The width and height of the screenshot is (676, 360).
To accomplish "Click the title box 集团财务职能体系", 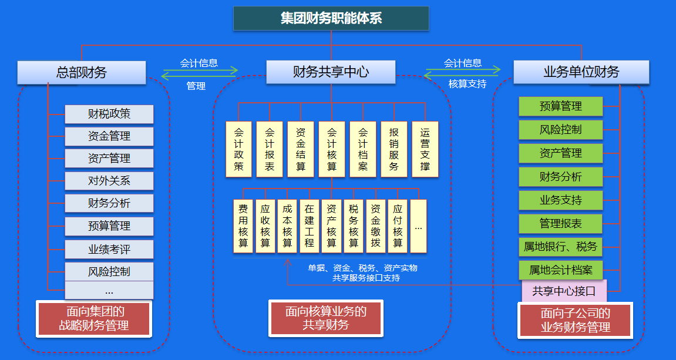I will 331,18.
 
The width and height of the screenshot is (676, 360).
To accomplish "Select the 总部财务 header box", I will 82,73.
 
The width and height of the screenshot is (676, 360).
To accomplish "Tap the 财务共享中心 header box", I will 331,72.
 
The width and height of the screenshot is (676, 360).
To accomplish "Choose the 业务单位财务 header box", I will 581,72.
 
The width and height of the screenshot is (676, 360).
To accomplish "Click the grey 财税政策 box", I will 109,114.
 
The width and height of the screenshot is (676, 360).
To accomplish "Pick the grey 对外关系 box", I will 109,181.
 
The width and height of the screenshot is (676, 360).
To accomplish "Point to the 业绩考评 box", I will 109,250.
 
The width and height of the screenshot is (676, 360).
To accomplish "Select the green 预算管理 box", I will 561,106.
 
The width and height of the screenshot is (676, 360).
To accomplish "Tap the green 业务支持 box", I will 561,200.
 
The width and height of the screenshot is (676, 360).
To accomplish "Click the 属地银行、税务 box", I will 561,247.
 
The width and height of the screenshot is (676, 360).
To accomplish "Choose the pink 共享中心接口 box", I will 564,291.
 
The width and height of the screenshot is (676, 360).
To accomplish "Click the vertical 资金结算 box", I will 301,149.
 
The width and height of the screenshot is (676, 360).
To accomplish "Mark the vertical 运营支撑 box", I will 425,149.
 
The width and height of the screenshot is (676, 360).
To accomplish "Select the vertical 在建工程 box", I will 310,226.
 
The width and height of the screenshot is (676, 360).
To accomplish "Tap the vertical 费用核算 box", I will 243,226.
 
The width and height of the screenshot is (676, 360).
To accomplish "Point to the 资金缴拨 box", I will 376,226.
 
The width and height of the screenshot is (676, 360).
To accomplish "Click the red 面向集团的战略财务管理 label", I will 94,319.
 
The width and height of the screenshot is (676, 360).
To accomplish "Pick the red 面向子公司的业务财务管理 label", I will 575,321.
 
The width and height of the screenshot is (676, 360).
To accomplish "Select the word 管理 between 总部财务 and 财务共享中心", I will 196,86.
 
